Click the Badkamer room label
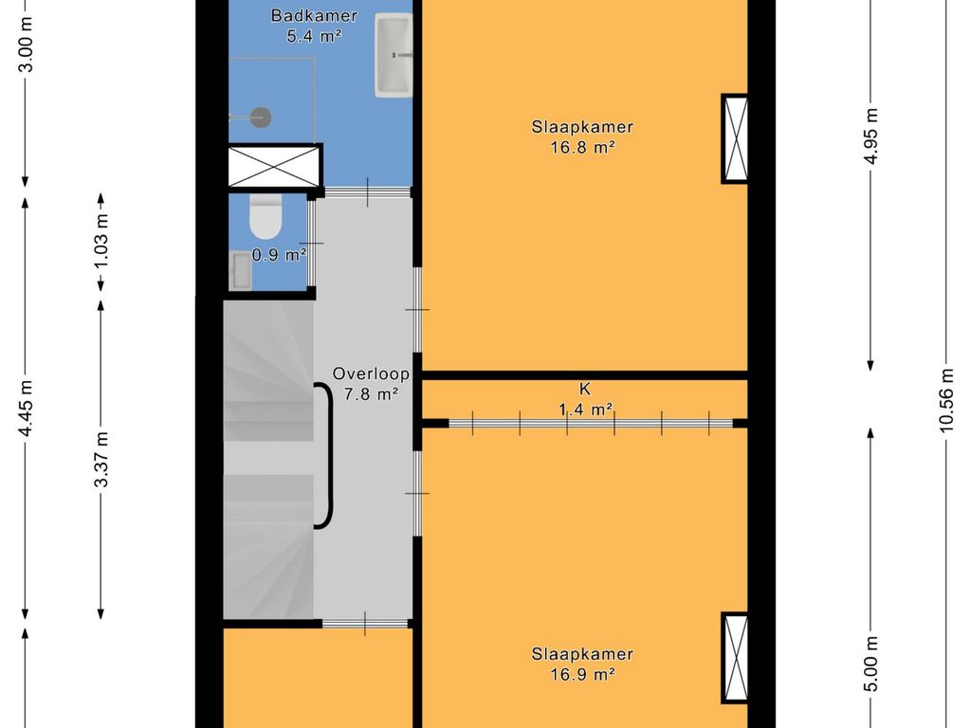click(314, 15)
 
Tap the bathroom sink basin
click(394, 55)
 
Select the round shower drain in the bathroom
click(262, 117)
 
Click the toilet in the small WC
click(266, 216)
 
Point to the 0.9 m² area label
click(280, 254)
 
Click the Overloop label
click(371, 373)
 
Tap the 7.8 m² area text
click(371, 394)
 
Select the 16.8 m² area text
click(582, 147)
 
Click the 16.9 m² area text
click(582, 674)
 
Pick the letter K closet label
click(584, 389)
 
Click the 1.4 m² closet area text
click(585, 409)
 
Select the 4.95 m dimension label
click(870, 136)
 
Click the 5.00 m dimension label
click(870, 664)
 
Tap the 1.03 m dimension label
click(101, 240)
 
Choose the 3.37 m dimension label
click(101, 460)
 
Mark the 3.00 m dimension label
click(26, 45)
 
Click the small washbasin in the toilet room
click(240, 270)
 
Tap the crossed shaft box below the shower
click(275, 165)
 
